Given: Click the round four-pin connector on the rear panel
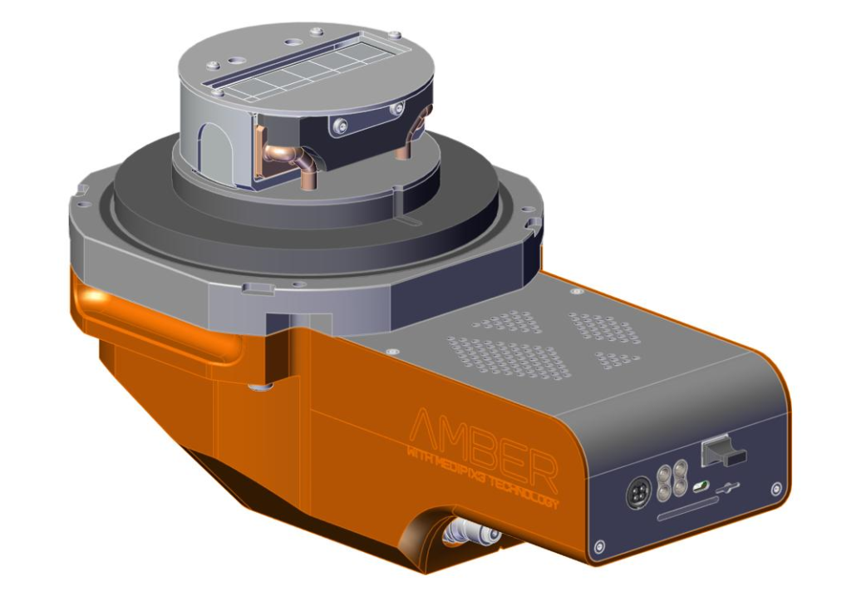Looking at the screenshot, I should click(x=636, y=493).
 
